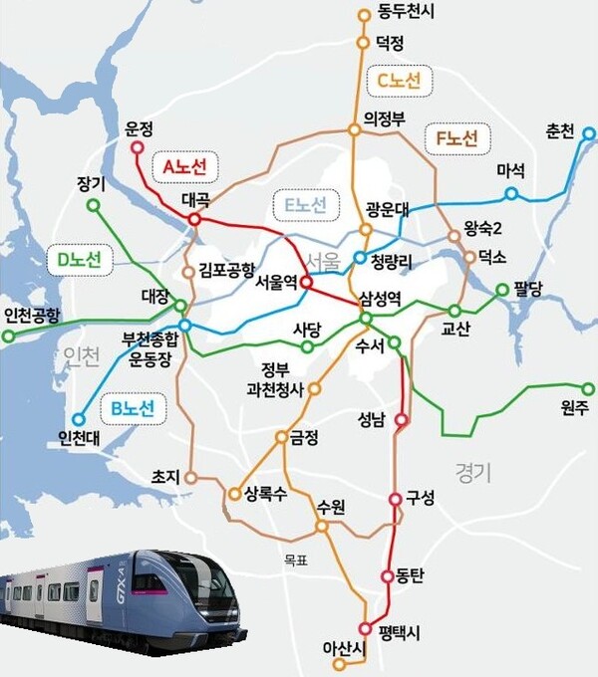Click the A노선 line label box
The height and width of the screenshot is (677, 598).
184,167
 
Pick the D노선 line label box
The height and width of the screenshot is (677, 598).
79,261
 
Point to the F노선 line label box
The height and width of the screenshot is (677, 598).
456,136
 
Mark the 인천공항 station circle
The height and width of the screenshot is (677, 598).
9,337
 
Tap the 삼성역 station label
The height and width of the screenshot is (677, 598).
380,299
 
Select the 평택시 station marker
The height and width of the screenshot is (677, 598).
365,628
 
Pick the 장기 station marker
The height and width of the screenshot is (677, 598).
94,206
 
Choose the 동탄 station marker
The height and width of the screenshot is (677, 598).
389,576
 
